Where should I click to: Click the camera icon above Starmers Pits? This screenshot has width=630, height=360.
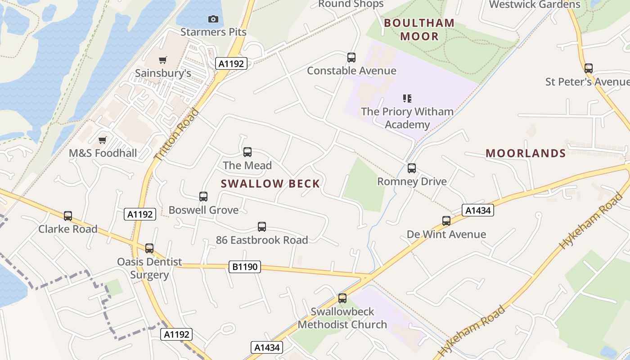[x=213, y=19]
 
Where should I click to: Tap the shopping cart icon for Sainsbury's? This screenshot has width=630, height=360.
[x=163, y=60]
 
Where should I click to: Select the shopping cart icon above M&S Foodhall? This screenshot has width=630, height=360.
[x=103, y=140]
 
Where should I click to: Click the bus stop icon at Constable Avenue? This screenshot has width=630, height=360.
[x=351, y=58]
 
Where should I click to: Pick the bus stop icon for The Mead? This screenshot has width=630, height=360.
[x=247, y=152]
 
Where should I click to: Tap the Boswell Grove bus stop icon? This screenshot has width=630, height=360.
[x=203, y=197]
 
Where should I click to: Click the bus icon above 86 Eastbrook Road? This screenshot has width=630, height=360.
[x=262, y=227]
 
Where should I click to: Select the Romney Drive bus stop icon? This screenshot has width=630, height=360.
[x=412, y=168]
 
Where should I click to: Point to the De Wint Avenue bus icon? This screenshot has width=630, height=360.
[x=446, y=221]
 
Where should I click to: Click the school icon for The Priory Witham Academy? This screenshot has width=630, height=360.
[x=407, y=98]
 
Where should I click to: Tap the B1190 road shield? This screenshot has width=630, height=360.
[x=245, y=267]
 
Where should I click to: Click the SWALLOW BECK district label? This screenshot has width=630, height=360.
[x=270, y=184]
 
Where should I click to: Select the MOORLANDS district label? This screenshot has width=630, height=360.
[x=526, y=153]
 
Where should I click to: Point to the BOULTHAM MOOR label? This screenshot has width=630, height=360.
[x=419, y=30]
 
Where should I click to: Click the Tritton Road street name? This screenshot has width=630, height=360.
[x=176, y=135]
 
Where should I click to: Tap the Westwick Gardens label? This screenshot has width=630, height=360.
[x=535, y=5]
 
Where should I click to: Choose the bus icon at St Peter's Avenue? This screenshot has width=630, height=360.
[x=589, y=68]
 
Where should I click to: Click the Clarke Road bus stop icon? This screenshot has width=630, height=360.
[x=68, y=216]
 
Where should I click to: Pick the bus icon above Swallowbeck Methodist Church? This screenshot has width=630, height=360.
[x=342, y=298]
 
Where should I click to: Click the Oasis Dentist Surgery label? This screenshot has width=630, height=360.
[x=149, y=268]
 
